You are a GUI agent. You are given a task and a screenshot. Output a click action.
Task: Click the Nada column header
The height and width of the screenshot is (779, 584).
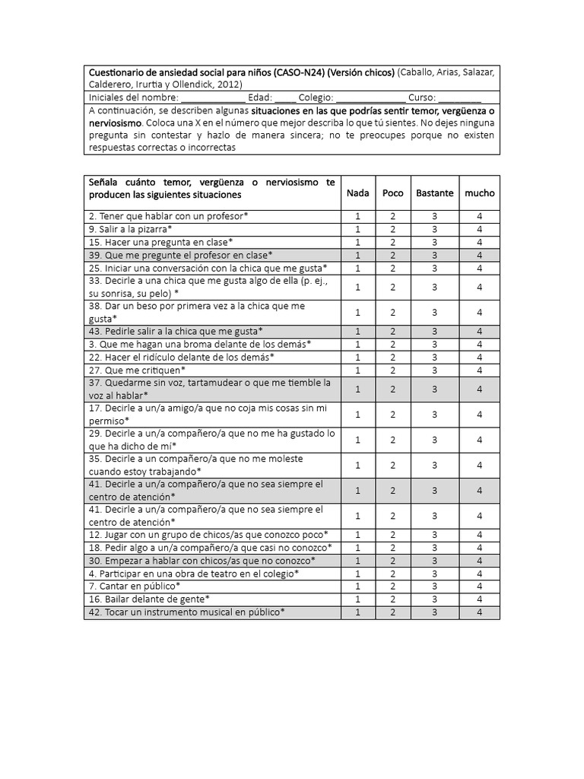[357, 193]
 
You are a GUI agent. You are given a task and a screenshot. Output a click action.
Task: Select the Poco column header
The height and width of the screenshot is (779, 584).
[393, 193]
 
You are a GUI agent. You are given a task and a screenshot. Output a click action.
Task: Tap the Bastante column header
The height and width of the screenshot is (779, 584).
[434, 193]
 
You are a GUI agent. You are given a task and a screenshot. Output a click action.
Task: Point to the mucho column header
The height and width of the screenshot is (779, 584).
[480, 193]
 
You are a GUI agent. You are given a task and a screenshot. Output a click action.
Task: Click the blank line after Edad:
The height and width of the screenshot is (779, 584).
[285, 97]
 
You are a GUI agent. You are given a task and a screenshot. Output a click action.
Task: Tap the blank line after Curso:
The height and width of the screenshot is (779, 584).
[459, 97]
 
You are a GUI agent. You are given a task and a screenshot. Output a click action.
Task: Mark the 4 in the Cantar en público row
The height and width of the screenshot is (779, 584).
[480, 587]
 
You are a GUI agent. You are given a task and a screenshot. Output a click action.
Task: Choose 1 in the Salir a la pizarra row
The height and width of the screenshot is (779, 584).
[357, 229]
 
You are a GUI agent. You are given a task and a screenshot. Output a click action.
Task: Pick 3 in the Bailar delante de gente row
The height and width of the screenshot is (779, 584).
[434, 599]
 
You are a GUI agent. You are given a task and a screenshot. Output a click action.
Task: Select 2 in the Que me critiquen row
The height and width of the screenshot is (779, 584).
[393, 370]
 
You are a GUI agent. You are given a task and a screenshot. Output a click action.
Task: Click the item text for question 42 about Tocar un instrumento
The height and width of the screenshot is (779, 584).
[187, 612]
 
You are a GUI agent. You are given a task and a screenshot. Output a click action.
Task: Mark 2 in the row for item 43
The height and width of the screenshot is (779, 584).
[393, 332]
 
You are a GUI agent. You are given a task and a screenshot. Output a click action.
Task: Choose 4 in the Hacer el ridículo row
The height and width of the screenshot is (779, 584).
[480, 358]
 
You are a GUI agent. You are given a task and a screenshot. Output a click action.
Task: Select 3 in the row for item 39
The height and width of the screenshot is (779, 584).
[434, 255]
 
